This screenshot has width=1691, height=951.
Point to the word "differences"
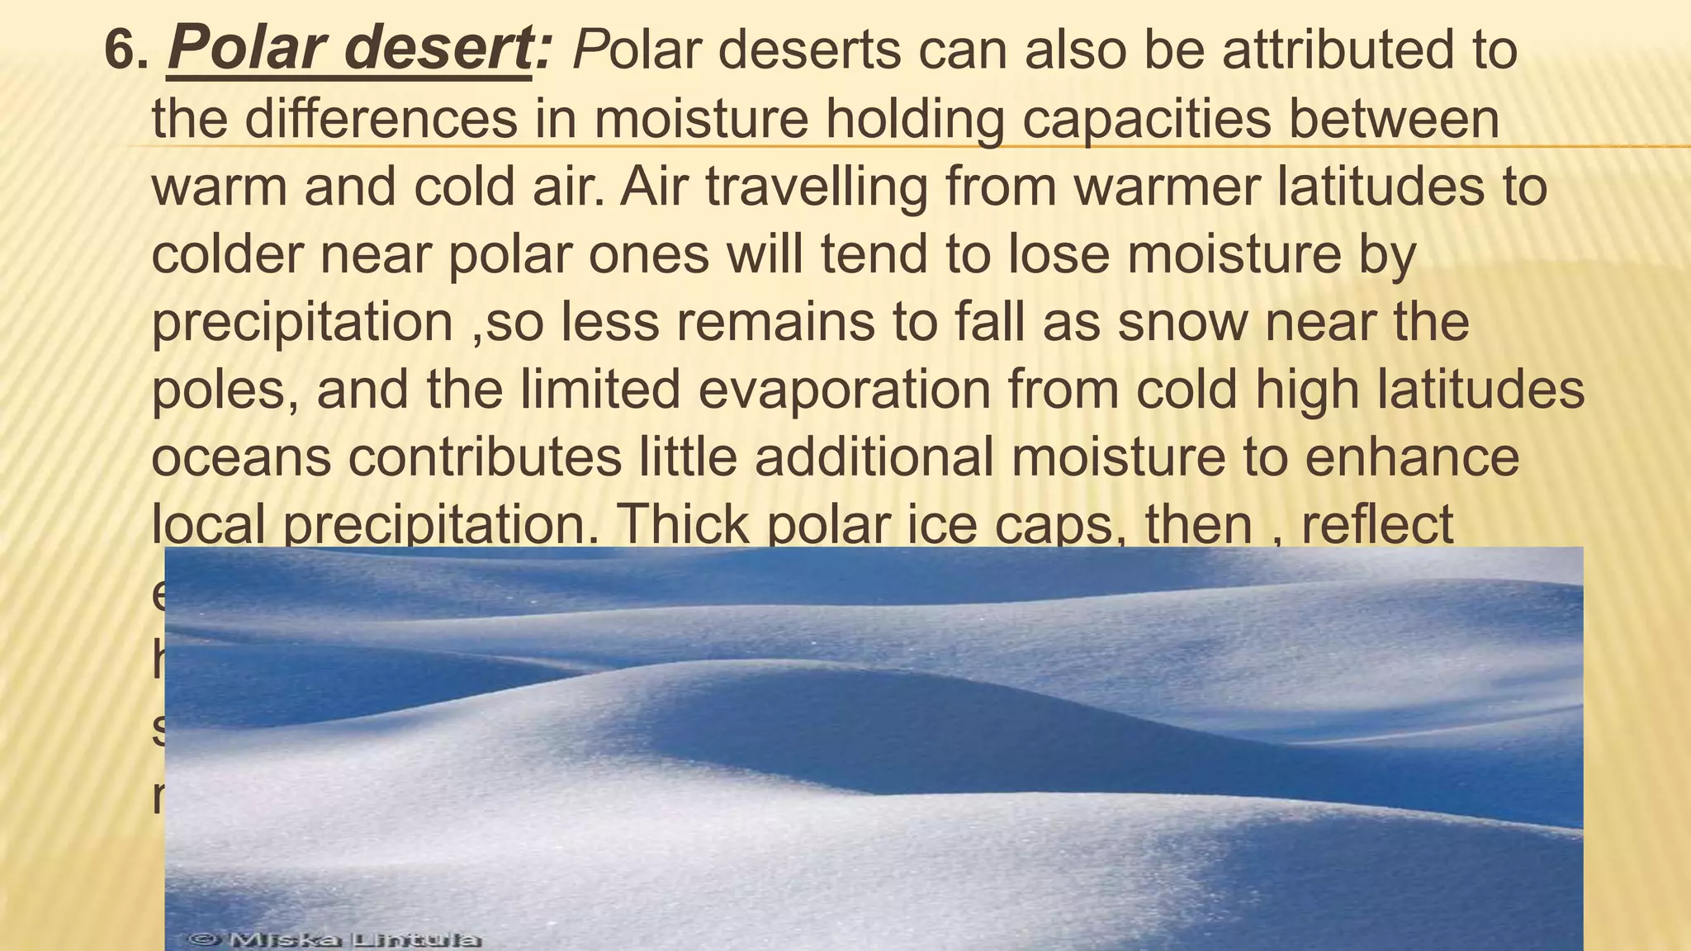[x=381, y=118]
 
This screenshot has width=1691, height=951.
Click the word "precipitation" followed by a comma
[x=302, y=322]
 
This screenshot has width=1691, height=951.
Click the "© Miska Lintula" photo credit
[x=334, y=939]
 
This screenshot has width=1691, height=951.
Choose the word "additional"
[x=874, y=457]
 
